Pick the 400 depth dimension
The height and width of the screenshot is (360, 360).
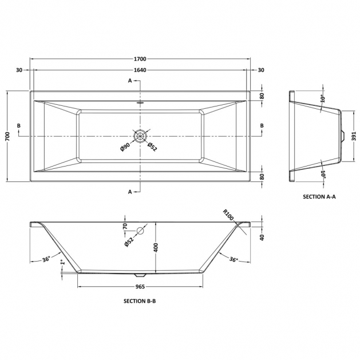(155, 247)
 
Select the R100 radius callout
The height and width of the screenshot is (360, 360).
(228, 217)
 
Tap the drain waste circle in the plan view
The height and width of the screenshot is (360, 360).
(140, 136)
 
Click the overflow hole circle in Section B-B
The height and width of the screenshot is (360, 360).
(140, 232)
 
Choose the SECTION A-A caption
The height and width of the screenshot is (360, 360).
(319, 196)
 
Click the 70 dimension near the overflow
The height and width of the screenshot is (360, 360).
(125, 227)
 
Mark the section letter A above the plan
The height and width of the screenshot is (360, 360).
(130, 81)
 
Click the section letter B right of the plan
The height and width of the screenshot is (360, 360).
(262, 125)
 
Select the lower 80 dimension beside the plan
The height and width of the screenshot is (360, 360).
(262, 177)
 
